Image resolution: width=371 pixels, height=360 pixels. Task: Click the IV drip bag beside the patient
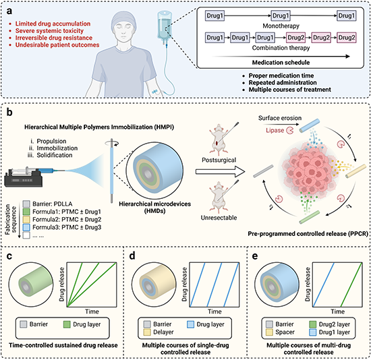165,26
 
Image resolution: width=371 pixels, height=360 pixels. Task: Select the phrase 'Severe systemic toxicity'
49,31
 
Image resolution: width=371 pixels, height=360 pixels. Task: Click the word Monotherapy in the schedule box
281,26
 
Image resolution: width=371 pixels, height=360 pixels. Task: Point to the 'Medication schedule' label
281,63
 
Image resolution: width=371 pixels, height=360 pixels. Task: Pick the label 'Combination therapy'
281,48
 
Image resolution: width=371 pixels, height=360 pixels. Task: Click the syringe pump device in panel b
24,176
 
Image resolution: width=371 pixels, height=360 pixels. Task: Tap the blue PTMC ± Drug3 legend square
26,228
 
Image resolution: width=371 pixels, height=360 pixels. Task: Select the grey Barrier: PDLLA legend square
26,204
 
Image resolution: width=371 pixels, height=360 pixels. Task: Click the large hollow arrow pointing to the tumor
221,171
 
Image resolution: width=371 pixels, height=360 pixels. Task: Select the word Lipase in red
275,130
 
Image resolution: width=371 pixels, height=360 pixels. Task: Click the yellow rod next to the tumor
356,171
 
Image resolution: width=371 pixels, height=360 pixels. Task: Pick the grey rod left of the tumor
263,171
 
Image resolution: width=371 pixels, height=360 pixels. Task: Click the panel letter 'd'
132,256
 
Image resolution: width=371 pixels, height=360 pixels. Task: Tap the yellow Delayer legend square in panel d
147,332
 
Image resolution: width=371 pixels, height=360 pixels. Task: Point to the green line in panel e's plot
351,284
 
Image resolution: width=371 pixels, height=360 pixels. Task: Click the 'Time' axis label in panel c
92,311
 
